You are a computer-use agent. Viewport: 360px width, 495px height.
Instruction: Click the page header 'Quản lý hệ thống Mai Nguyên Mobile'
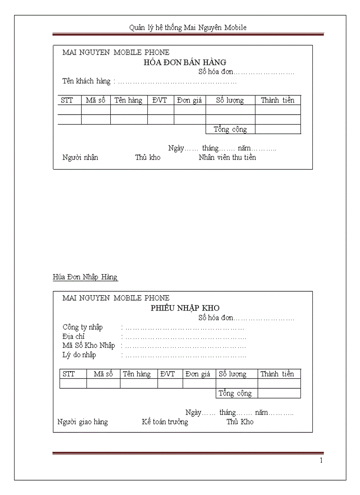(187, 28)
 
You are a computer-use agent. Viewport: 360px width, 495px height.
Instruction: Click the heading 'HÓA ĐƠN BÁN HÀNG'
(185, 62)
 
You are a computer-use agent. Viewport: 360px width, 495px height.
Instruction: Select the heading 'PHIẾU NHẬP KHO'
(185, 308)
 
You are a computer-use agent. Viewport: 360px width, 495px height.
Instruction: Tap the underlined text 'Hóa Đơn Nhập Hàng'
(85, 277)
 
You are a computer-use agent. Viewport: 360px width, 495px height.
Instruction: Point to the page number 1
(321, 461)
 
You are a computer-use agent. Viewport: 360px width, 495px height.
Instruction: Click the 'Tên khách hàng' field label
(86, 81)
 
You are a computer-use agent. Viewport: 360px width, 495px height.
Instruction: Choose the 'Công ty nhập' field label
(82, 327)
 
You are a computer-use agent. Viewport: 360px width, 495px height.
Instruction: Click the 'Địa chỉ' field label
(74, 336)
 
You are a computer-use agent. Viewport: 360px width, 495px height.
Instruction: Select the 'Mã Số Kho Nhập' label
(89, 346)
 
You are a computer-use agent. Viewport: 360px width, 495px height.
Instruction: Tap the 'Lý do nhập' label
(79, 355)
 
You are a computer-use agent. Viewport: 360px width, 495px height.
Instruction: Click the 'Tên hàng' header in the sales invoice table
(128, 100)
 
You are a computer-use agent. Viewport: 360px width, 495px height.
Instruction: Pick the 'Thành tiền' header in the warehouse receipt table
(277, 374)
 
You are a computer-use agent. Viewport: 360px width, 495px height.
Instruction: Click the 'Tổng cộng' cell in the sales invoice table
(230, 130)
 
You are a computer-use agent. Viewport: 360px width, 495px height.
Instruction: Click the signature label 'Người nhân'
(80, 157)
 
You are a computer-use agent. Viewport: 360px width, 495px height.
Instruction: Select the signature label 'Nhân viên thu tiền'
(227, 157)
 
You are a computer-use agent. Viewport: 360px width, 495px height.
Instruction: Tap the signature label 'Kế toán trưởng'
(165, 422)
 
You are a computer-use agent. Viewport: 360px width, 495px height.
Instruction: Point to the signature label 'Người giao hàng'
(82, 422)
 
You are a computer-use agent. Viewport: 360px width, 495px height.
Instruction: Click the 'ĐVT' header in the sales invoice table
(160, 100)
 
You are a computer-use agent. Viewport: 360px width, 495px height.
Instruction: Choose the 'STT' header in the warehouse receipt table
(69, 374)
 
